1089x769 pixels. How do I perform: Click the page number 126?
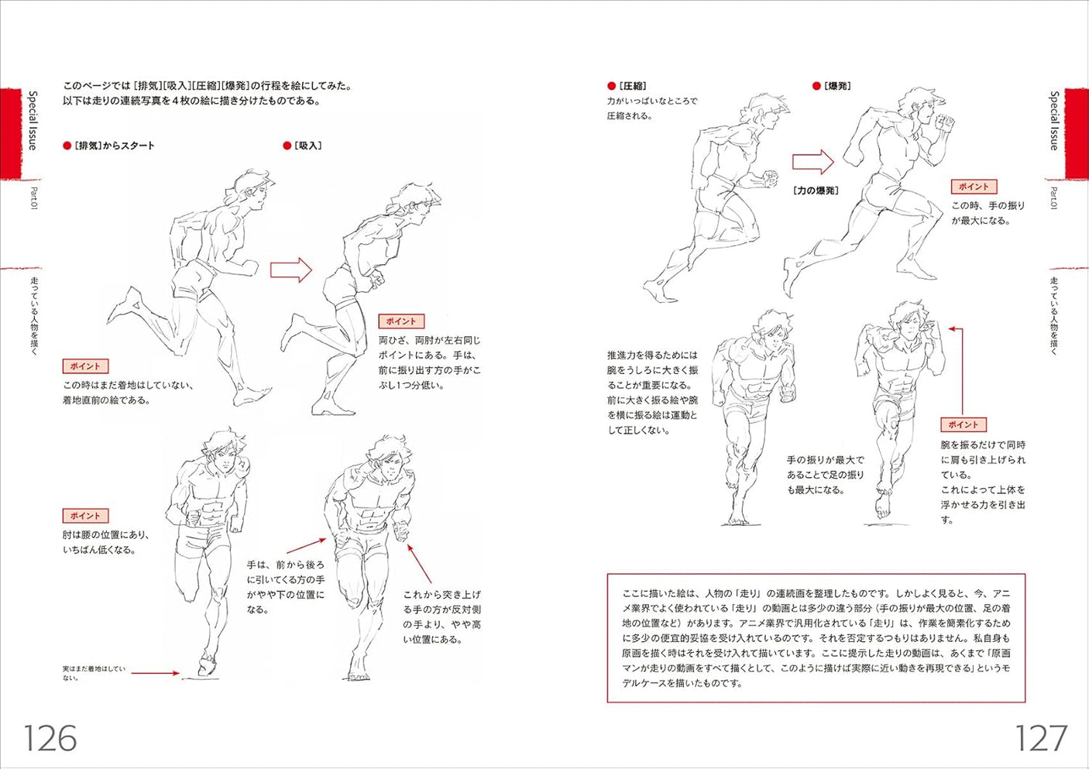click(x=50, y=738)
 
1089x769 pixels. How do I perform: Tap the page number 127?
click(x=1040, y=738)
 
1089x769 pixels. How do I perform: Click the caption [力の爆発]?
click(x=816, y=191)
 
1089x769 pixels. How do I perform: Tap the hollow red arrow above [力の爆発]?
click(x=812, y=162)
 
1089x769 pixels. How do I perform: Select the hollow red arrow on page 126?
click(x=290, y=270)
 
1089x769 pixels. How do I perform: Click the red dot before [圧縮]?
click(x=611, y=86)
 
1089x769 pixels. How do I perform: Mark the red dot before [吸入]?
click(x=287, y=146)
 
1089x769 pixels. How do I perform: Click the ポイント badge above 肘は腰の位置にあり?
click(x=85, y=516)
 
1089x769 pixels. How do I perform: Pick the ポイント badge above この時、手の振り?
click(x=974, y=187)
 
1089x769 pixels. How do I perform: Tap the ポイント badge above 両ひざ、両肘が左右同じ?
click(x=400, y=321)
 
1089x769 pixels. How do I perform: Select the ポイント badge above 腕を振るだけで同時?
click(x=963, y=424)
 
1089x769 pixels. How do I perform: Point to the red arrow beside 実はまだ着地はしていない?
click(x=155, y=673)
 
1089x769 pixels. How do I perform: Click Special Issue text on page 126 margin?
click(x=33, y=120)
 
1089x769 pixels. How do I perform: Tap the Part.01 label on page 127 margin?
click(x=1054, y=197)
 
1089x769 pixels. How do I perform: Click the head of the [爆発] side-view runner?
click(x=922, y=108)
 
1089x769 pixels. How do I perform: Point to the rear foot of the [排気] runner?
click(x=124, y=306)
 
